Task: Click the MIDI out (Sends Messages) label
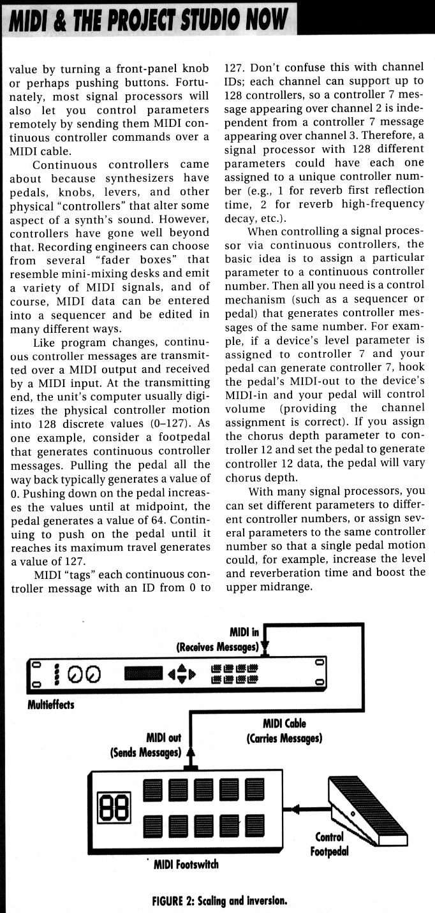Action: point(145,745)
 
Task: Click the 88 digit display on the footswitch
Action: point(113,807)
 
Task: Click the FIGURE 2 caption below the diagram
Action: point(219,902)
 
